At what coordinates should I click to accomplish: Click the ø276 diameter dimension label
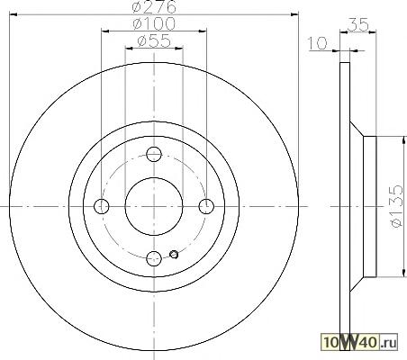click(154, 7)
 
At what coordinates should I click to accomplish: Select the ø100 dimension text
click(154, 23)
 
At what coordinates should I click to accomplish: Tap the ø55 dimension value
click(154, 40)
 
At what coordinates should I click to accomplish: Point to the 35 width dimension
click(357, 24)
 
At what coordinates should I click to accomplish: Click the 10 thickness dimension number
click(318, 43)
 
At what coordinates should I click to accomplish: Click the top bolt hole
click(154, 155)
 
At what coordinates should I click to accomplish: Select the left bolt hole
click(102, 206)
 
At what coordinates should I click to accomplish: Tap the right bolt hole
click(206, 206)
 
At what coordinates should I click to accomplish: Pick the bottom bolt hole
click(154, 258)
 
